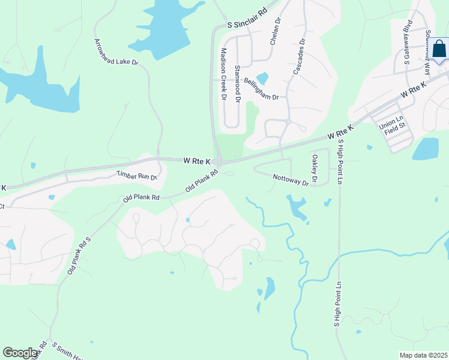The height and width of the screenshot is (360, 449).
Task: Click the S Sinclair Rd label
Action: (247, 19)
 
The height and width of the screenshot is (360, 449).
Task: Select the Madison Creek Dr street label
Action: (223, 74)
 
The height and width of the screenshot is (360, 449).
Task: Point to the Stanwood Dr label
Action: (238, 83)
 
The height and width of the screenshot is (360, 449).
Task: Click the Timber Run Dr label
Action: (136, 176)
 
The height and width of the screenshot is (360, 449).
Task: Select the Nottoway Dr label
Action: (290, 179)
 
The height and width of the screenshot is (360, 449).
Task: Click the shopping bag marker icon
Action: (439, 49)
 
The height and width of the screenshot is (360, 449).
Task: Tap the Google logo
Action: (20, 353)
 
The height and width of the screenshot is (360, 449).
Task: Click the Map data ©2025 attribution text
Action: (423, 355)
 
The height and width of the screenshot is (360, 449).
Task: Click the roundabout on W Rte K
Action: (220, 161)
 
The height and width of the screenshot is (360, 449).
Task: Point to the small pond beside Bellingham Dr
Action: (262, 79)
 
